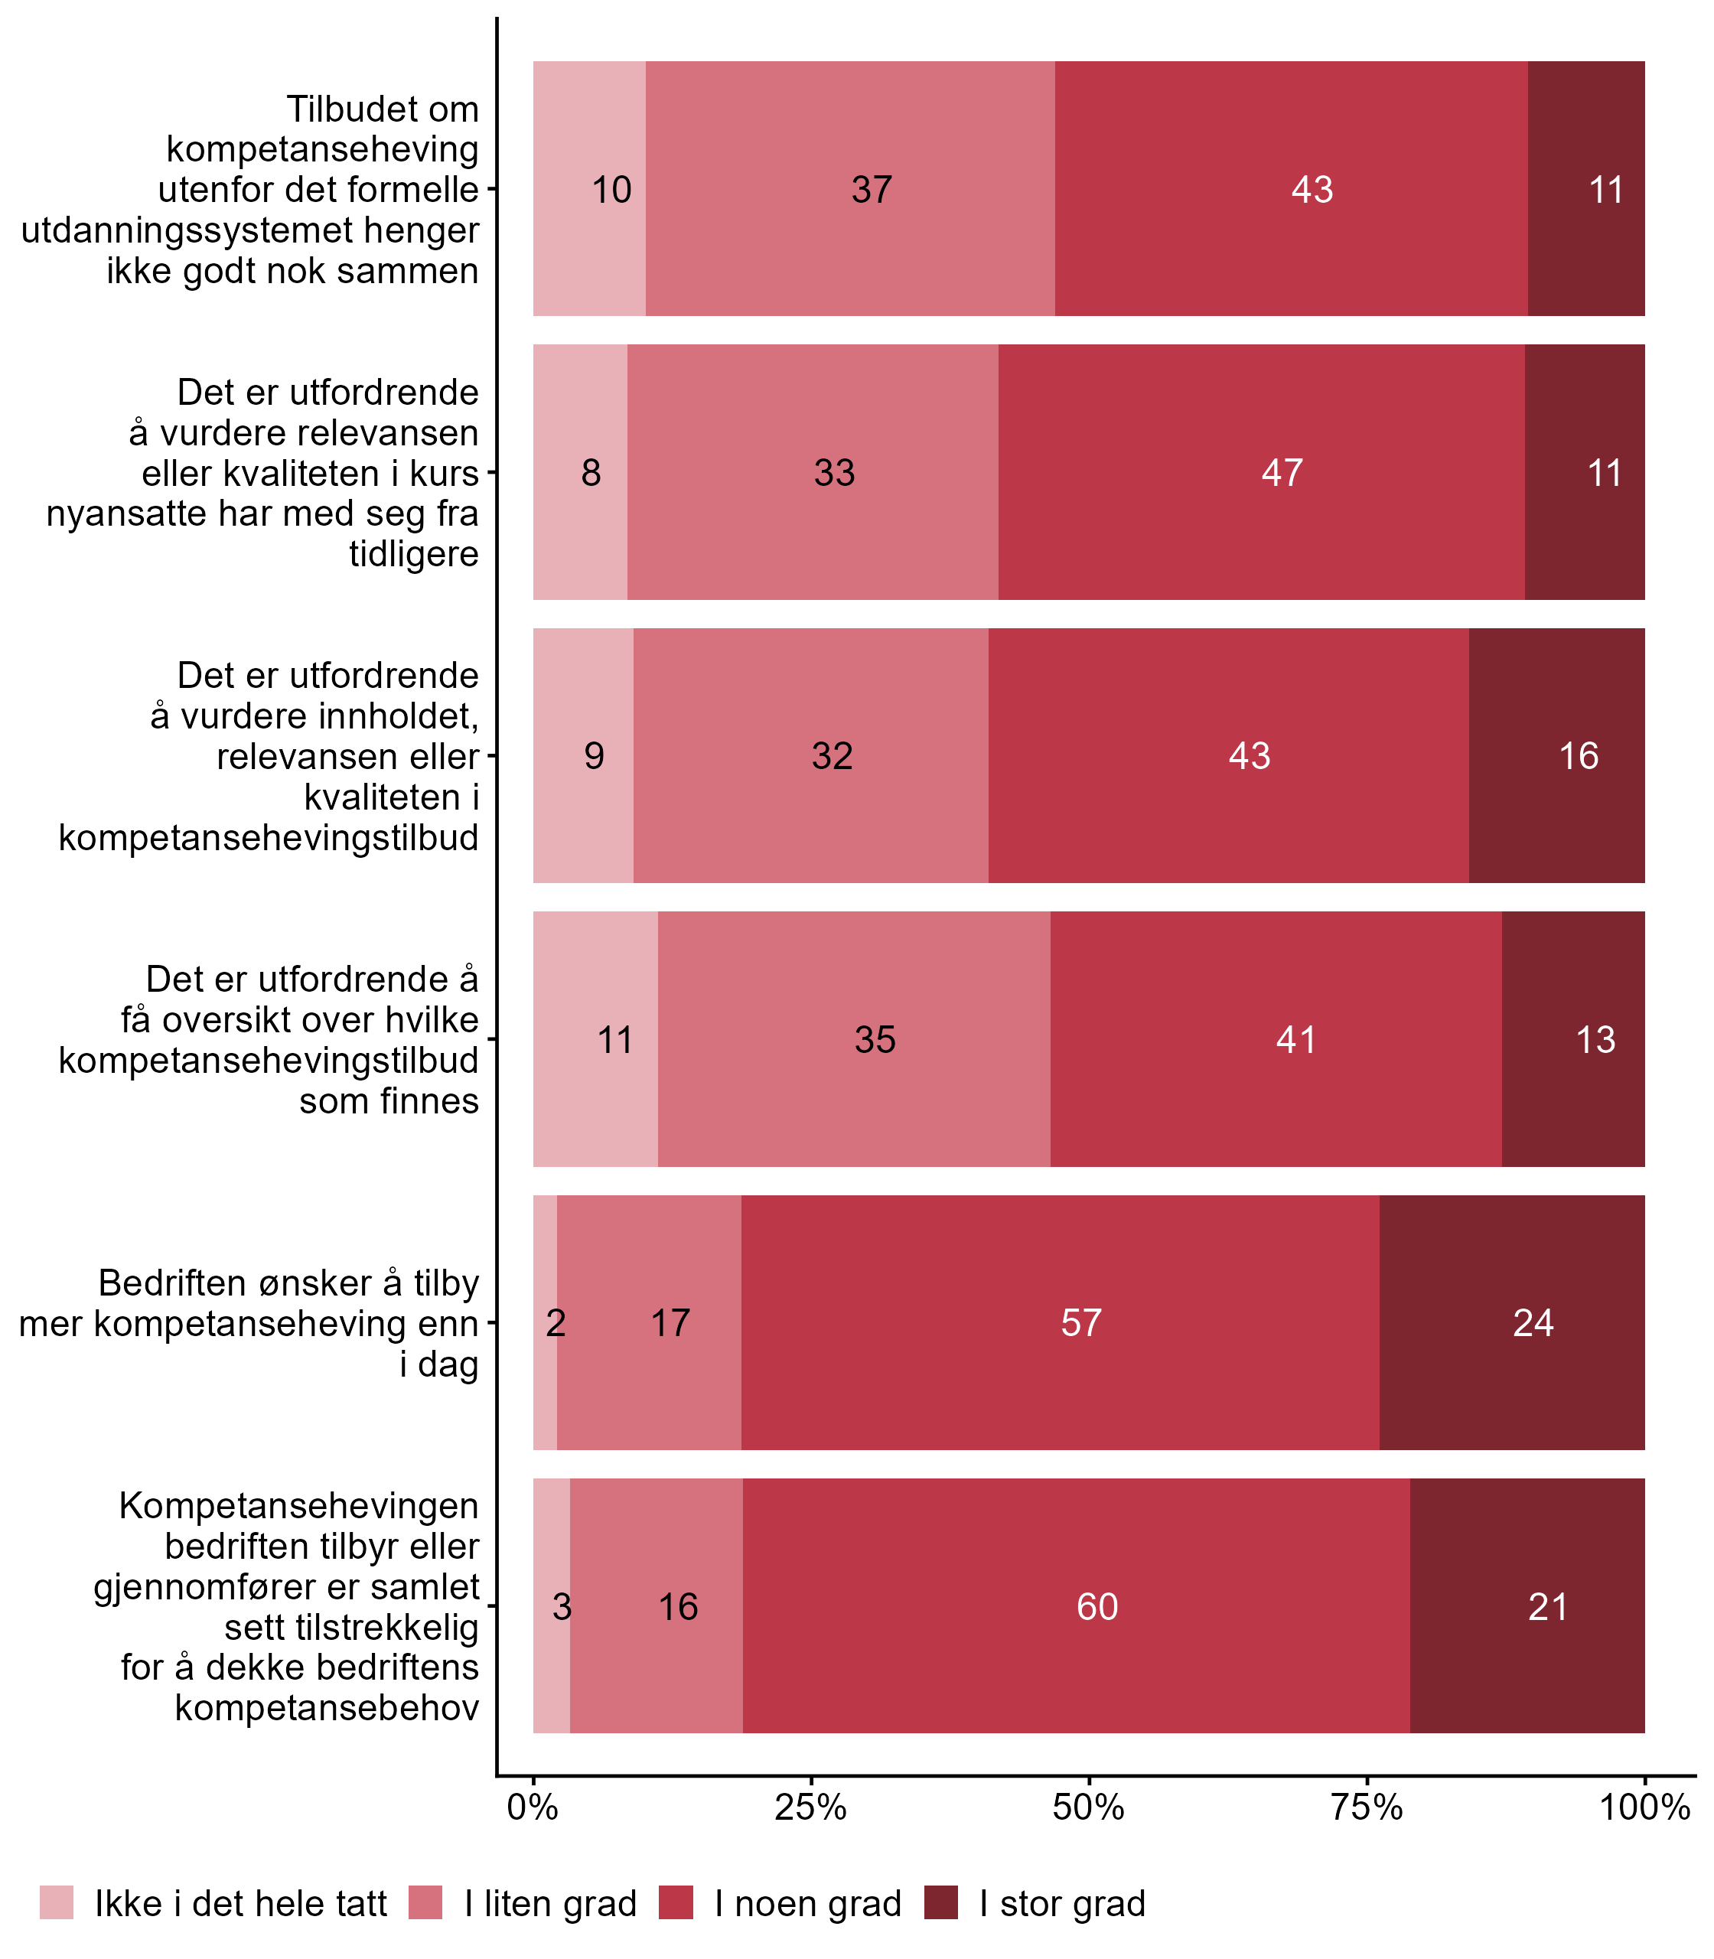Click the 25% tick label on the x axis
[810, 1807]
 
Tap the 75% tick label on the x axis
[1367, 1807]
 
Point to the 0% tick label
[533, 1807]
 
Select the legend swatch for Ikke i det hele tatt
[57, 1902]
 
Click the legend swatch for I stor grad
[941, 1902]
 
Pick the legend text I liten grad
[550, 1904]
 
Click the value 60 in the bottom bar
[1097, 1606]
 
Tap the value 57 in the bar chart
[1082, 1323]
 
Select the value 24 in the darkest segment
[1533, 1323]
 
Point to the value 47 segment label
[1282, 473]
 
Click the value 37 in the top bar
[872, 190]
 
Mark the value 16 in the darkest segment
[1578, 756]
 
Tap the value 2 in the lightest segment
[556, 1323]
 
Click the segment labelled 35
[874, 1040]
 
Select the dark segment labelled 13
[1595, 1040]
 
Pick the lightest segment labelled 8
[591, 473]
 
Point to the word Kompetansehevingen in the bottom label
[298, 1506]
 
